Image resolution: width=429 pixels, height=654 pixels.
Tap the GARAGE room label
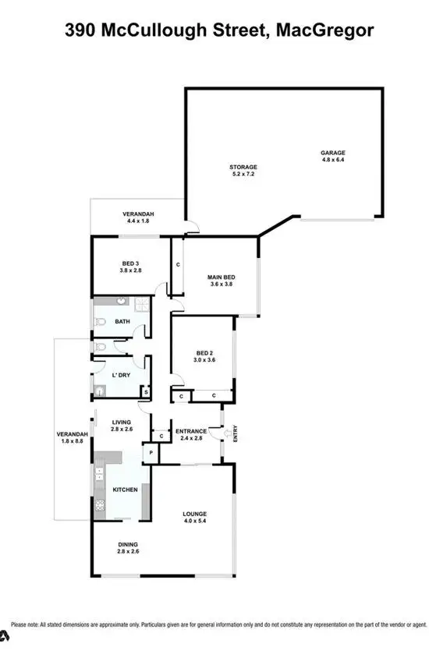point(332,153)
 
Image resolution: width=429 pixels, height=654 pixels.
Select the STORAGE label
point(243,167)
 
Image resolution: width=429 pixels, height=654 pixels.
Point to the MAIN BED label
point(222,278)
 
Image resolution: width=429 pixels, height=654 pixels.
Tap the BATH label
point(122,321)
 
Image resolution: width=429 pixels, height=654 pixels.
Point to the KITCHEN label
point(126,490)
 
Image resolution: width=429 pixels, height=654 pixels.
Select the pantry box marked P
point(148,454)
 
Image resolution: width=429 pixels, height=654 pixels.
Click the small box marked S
point(145,392)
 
